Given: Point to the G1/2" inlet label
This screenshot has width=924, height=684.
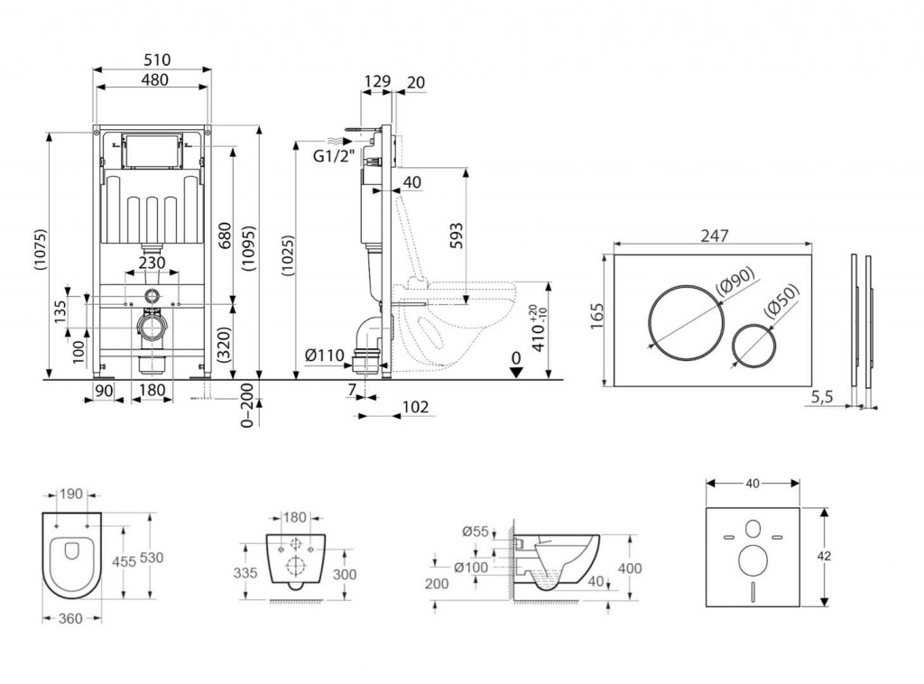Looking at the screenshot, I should pyautogui.click(x=330, y=154).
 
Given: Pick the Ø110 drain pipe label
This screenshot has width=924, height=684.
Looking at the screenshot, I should pyautogui.click(x=321, y=356).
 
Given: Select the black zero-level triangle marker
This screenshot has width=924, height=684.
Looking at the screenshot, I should pyautogui.click(x=515, y=372).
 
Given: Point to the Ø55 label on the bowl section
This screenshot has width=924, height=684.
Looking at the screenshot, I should pyautogui.click(x=475, y=531).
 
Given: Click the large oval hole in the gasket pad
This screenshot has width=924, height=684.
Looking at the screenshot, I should pyautogui.click(x=751, y=562).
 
